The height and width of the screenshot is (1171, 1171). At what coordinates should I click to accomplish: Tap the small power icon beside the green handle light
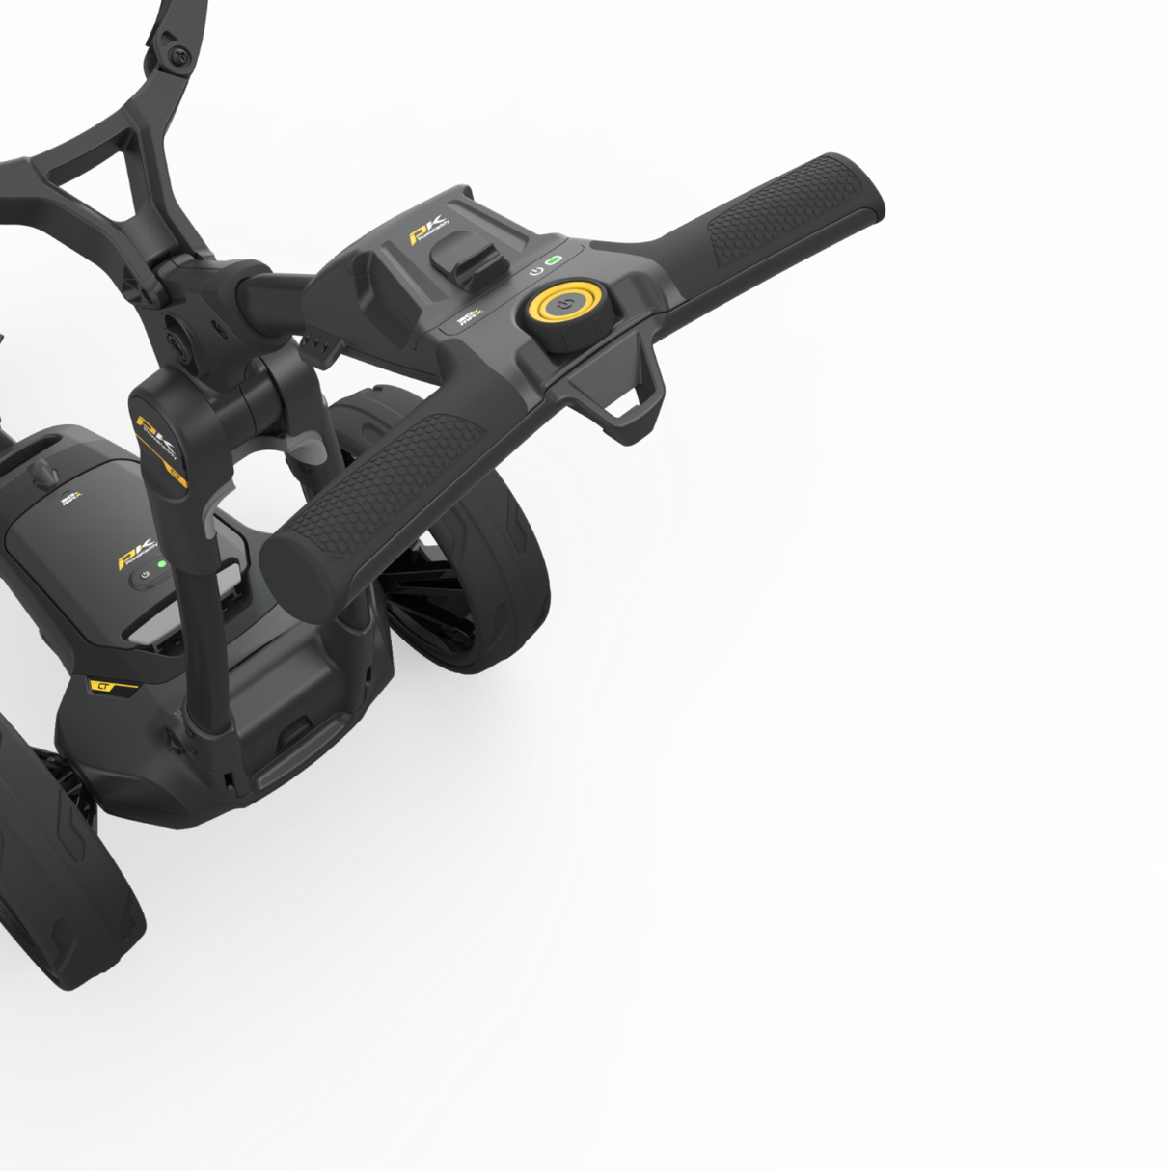536,271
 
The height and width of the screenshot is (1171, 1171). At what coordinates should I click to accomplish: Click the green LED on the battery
161,564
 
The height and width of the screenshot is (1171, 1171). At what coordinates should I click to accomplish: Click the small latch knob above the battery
42,473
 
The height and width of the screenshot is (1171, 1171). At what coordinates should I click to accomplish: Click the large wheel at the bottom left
58,868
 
